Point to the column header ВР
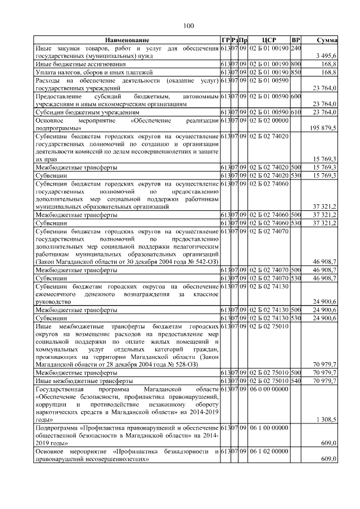tap(296, 40)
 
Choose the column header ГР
tap(225, 40)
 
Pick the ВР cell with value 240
tap(296, 48)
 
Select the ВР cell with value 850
tap(296, 73)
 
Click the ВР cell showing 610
tap(296, 112)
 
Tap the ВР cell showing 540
tap(296, 380)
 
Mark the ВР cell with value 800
tap(296, 65)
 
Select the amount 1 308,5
tap(326, 420)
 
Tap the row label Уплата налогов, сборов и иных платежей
tap(90, 73)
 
